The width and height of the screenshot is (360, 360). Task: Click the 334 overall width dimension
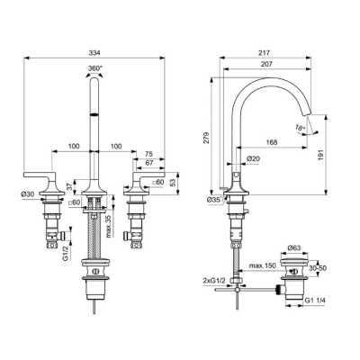click(x=94, y=53)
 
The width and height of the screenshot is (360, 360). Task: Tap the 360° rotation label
click(x=95, y=68)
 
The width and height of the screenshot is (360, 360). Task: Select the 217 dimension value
click(x=265, y=53)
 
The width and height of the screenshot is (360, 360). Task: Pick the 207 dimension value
click(x=266, y=64)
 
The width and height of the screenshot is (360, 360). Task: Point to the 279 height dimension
click(x=207, y=138)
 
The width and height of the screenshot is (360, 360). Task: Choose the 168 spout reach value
click(x=272, y=142)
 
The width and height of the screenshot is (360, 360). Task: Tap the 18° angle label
click(x=301, y=128)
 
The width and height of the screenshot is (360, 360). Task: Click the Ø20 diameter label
click(x=253, y=158)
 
